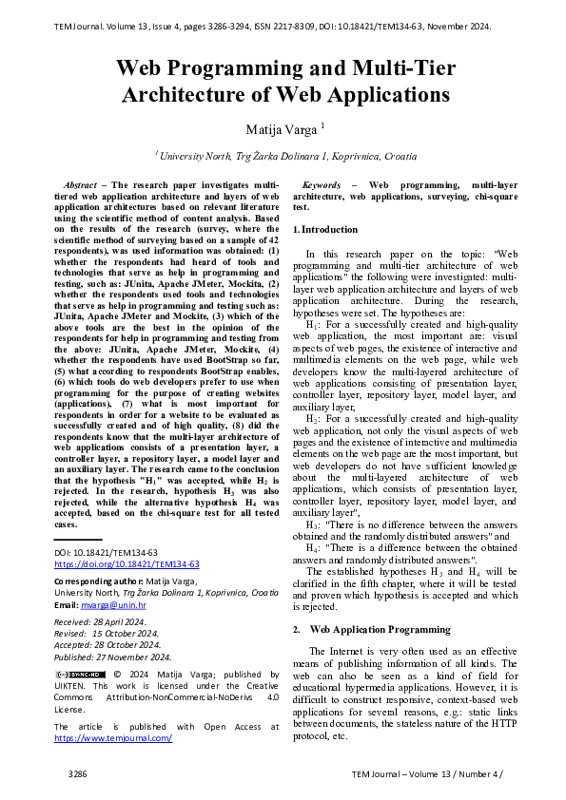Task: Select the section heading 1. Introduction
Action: [x=325, y=230]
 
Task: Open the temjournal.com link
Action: [x=113, y=737]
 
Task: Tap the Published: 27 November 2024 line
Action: [x=112, y=656]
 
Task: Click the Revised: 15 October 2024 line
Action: [x=107, y=633]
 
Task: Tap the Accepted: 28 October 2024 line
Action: [x=108, y=644]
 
